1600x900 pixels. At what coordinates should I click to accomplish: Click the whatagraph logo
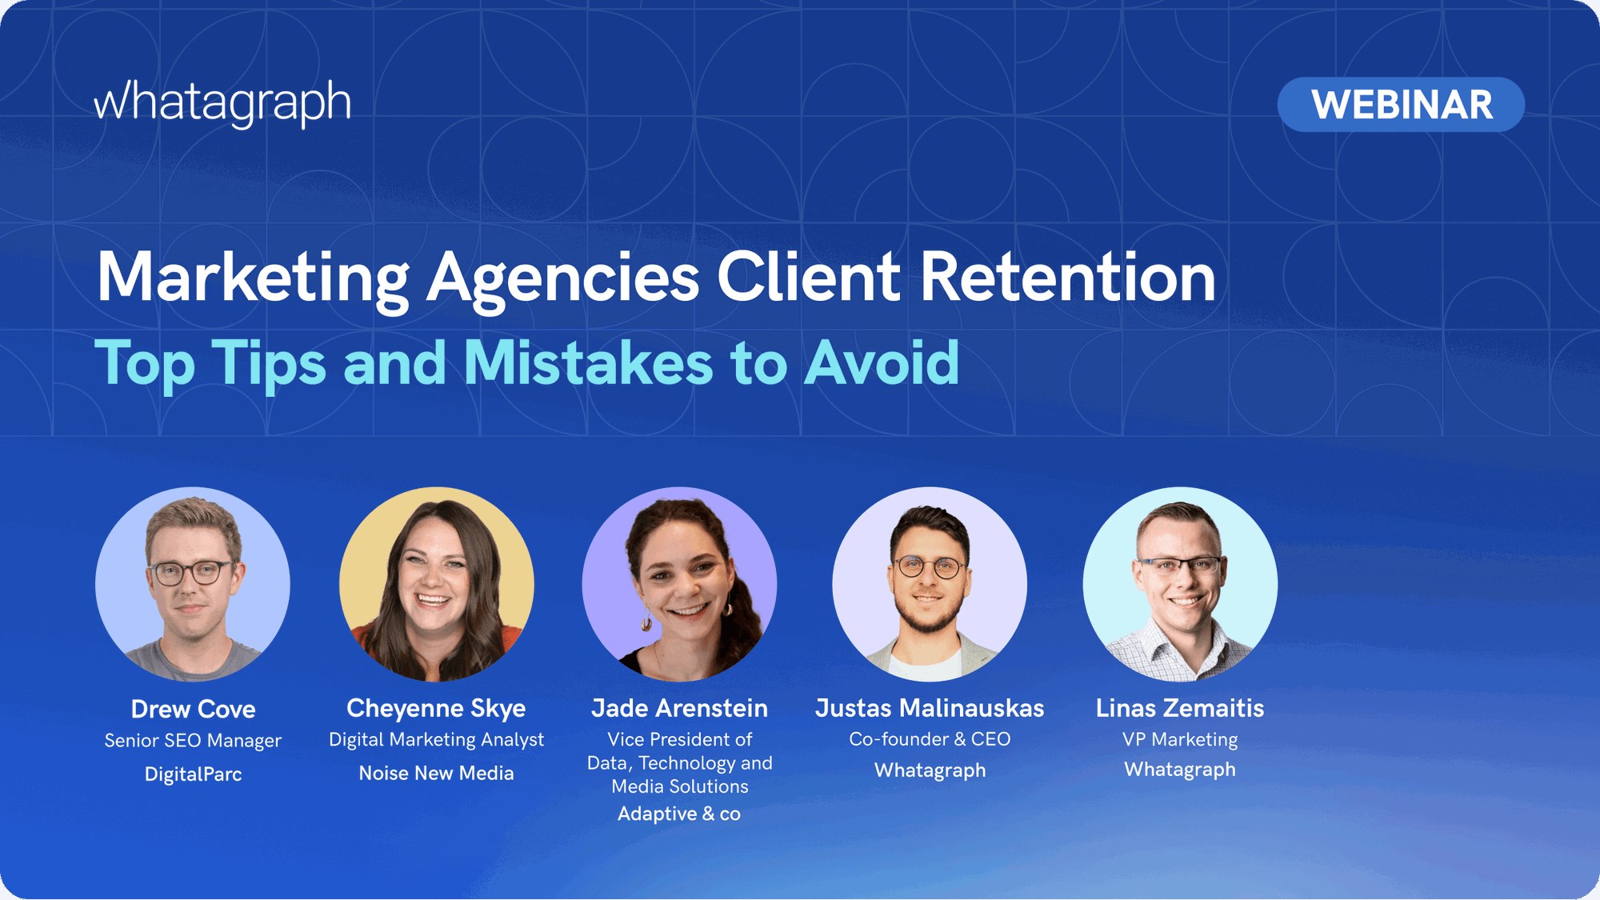click(222, 102)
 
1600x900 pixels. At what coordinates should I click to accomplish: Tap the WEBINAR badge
click(1401, 105)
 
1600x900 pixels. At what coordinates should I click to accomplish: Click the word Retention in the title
click(1067, 277)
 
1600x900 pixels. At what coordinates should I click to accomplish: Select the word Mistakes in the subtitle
click(588, 363)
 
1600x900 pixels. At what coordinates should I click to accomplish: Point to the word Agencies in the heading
click(562, 278)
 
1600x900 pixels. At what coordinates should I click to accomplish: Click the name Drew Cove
click(193, 709)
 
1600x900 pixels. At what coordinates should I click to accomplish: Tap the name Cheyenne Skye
click(436, 708)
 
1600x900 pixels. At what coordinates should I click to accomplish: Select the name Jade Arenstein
click(679, 708)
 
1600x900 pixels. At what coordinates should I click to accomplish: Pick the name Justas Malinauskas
click(930, 708)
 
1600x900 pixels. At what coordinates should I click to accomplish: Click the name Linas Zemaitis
click(1179, 708)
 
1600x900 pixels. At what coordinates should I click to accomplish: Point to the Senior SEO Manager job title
click(193, 741)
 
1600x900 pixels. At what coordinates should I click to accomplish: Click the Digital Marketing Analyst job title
click(436, 739)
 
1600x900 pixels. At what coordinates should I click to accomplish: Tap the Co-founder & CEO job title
click(930, 739)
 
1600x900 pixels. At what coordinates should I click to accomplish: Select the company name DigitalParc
click(193, 774)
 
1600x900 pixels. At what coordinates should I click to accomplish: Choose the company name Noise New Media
click(436, 773)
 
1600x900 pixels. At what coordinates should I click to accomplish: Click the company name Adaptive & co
click(679, 814)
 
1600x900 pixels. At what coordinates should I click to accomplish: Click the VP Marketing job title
click(1179, 739)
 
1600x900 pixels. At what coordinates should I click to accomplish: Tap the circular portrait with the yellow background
click(436, 584)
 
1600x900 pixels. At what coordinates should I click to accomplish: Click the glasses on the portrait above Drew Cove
click(190, 573)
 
